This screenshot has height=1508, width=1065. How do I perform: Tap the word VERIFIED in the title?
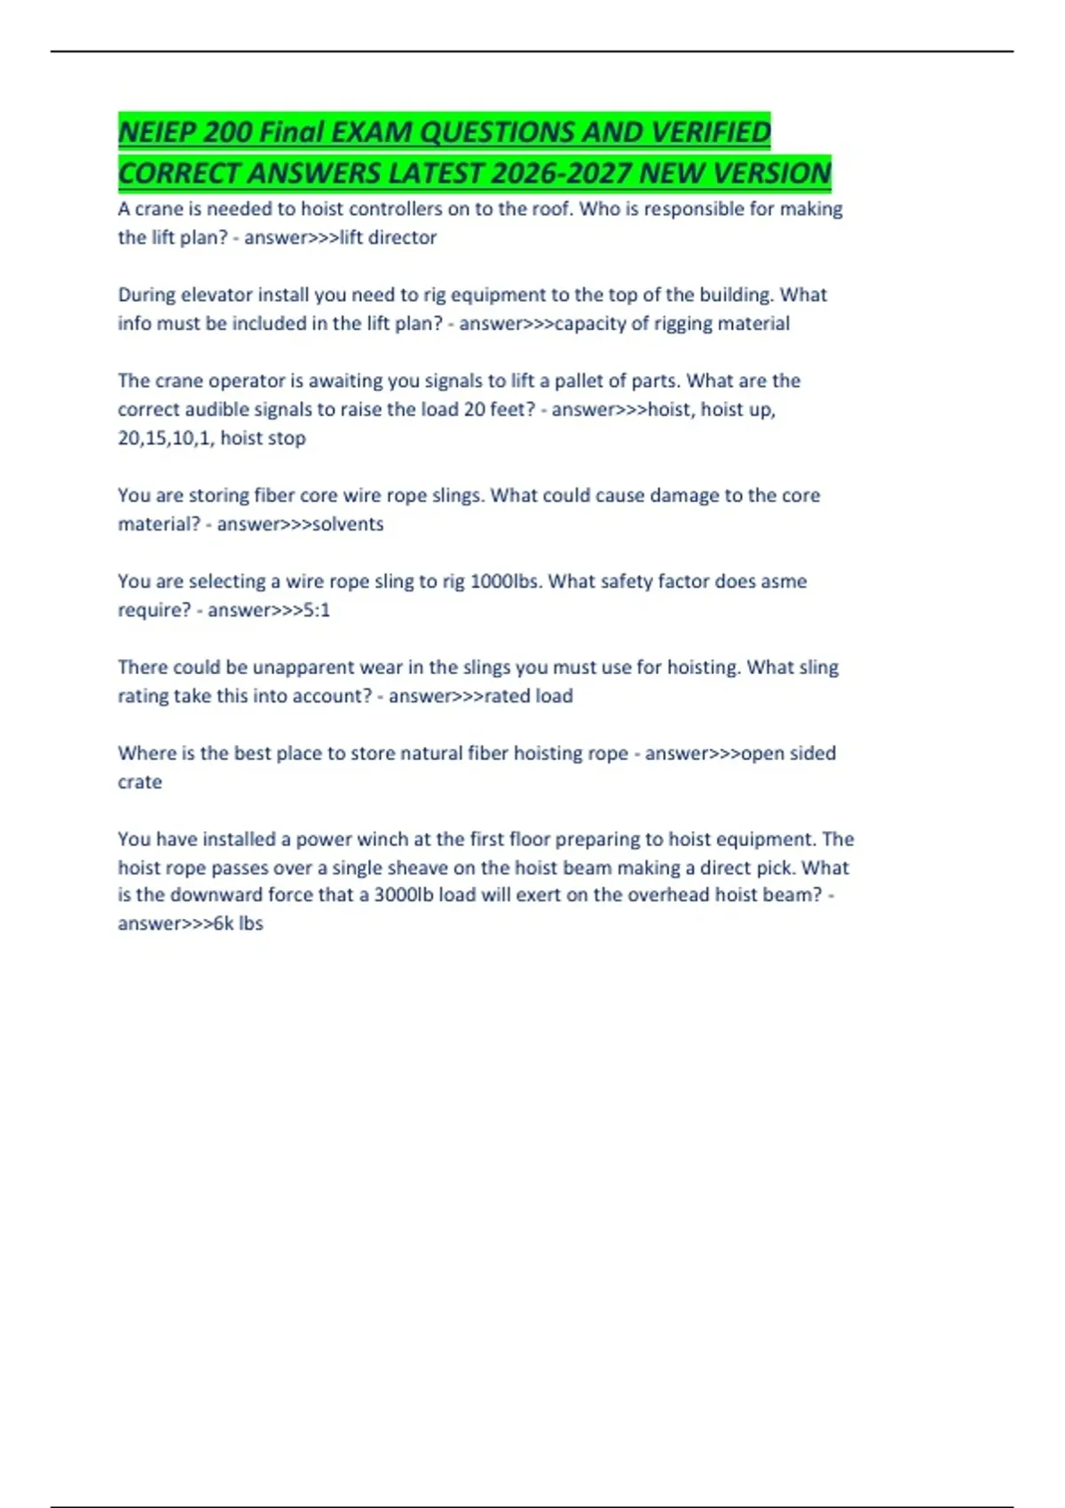point(711,132)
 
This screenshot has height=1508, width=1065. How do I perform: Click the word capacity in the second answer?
point(589,324)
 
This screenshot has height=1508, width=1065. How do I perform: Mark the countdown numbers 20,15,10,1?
point(165,438)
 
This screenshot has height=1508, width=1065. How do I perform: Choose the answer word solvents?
point(348,524)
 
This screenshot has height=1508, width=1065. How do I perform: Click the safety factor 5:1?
point(317,610)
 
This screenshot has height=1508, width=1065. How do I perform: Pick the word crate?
point(140,782)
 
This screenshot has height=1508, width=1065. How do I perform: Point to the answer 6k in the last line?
point(224,923)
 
